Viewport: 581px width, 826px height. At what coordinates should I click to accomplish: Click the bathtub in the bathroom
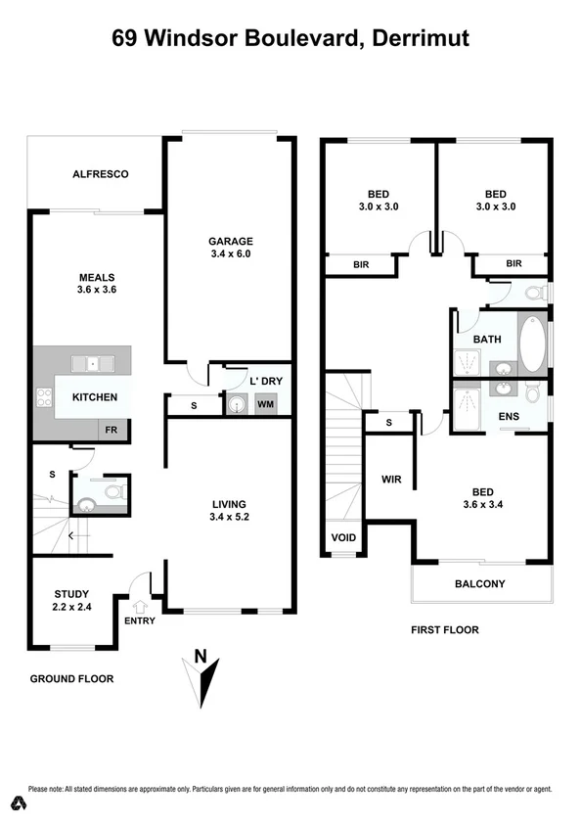(531, 344)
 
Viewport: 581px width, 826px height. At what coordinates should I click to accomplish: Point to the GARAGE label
(230, 241)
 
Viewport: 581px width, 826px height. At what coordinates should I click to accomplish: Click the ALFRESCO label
(101, 174)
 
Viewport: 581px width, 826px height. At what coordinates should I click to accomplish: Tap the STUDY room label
(71, 594)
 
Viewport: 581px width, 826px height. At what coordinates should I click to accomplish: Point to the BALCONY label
(480, 584)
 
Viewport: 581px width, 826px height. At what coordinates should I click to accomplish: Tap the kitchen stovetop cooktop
(44, 397)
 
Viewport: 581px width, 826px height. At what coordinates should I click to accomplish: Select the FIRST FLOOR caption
(445, 629)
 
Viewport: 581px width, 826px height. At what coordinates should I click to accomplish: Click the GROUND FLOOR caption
(71, 678)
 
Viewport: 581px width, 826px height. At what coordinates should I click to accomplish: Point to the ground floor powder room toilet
(115, 492)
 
